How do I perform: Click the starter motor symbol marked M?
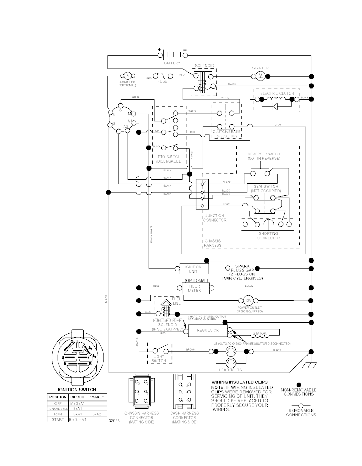coord(261,76)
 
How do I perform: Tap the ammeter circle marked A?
coord(128,76)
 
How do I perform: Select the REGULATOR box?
coord(208,330)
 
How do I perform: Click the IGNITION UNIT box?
coord(193,269)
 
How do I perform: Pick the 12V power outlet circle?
coord(248,300)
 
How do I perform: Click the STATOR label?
coord(259,333)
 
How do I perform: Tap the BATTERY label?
coord(172,63)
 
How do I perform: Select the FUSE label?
coord(162,81)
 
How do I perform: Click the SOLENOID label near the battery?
coord(204,66)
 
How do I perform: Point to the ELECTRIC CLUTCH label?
coord(277,93)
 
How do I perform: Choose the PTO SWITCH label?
coord(169,157)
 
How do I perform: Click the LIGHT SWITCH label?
coord(159,359)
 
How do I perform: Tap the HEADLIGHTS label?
coord(230,370)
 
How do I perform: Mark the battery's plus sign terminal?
coord(159,50)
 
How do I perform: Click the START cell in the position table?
coord(58,419)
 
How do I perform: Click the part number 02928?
coord(114,421)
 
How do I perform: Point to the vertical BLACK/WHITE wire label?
coord(152,234)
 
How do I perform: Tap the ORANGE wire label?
coord(137,342)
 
